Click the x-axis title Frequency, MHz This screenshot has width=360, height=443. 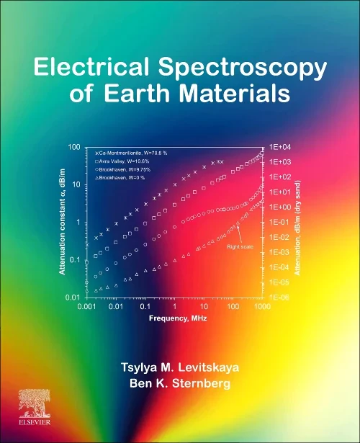(174, 317)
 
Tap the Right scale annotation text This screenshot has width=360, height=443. (239, 247)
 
